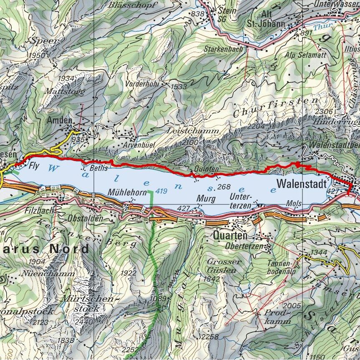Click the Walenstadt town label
click(x=300, y=183)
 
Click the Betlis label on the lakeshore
click(x=99, y=168)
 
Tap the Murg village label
click(x=206, y=199)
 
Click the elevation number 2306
click(x=324, y=111)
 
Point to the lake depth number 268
click(x=224, y=186)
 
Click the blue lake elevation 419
click(x=161, y=191)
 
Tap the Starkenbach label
click(x=223, y=49)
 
